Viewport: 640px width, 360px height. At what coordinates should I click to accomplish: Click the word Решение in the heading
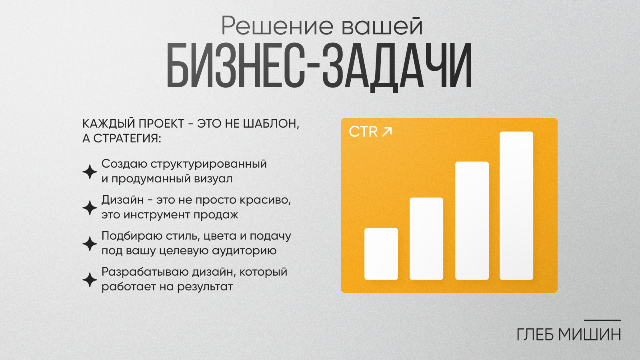coord(277,26)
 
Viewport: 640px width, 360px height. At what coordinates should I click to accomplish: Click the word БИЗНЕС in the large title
coord(236,66)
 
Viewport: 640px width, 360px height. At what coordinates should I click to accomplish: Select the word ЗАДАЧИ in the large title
coord(397,68)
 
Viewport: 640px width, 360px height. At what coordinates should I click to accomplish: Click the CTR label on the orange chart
coord(363,132)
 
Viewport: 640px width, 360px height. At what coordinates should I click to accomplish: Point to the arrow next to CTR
coord(387,132)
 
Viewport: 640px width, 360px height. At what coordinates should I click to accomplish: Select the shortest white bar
coord(381,254)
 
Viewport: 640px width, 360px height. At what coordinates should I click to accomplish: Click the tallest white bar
coord(516,206)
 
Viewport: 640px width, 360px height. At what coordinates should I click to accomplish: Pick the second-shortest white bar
coord(426,238)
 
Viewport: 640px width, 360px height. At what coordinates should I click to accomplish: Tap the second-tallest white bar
coord(472,220)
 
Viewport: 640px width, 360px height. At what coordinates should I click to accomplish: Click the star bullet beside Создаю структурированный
coord(90,172)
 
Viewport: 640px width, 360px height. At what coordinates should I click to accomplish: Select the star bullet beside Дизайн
coord(90,208)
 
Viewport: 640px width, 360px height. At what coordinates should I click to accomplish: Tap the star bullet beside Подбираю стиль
coord(90,244)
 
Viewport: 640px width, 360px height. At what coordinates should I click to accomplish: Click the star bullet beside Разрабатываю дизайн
coord(90,280)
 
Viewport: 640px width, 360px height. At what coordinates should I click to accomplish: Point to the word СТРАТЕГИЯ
coord(127,138)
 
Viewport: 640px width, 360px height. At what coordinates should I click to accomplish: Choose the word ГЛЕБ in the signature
coord(535,334)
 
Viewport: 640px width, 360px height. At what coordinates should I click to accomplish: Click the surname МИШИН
coord(590,334)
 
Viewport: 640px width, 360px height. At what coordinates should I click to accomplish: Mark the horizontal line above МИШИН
coord(602,320)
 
